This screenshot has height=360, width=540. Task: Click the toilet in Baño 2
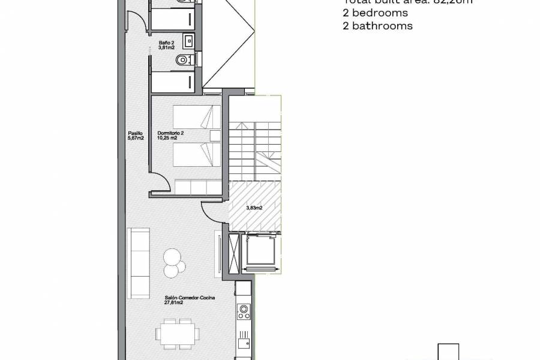[184, 60]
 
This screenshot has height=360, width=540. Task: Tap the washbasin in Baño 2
[189, 41]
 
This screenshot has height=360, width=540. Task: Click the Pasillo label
[136, 136]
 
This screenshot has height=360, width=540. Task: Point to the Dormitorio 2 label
[170, 136]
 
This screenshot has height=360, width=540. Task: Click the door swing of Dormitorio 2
[160, 180]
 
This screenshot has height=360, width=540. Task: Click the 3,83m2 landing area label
[255, 208]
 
